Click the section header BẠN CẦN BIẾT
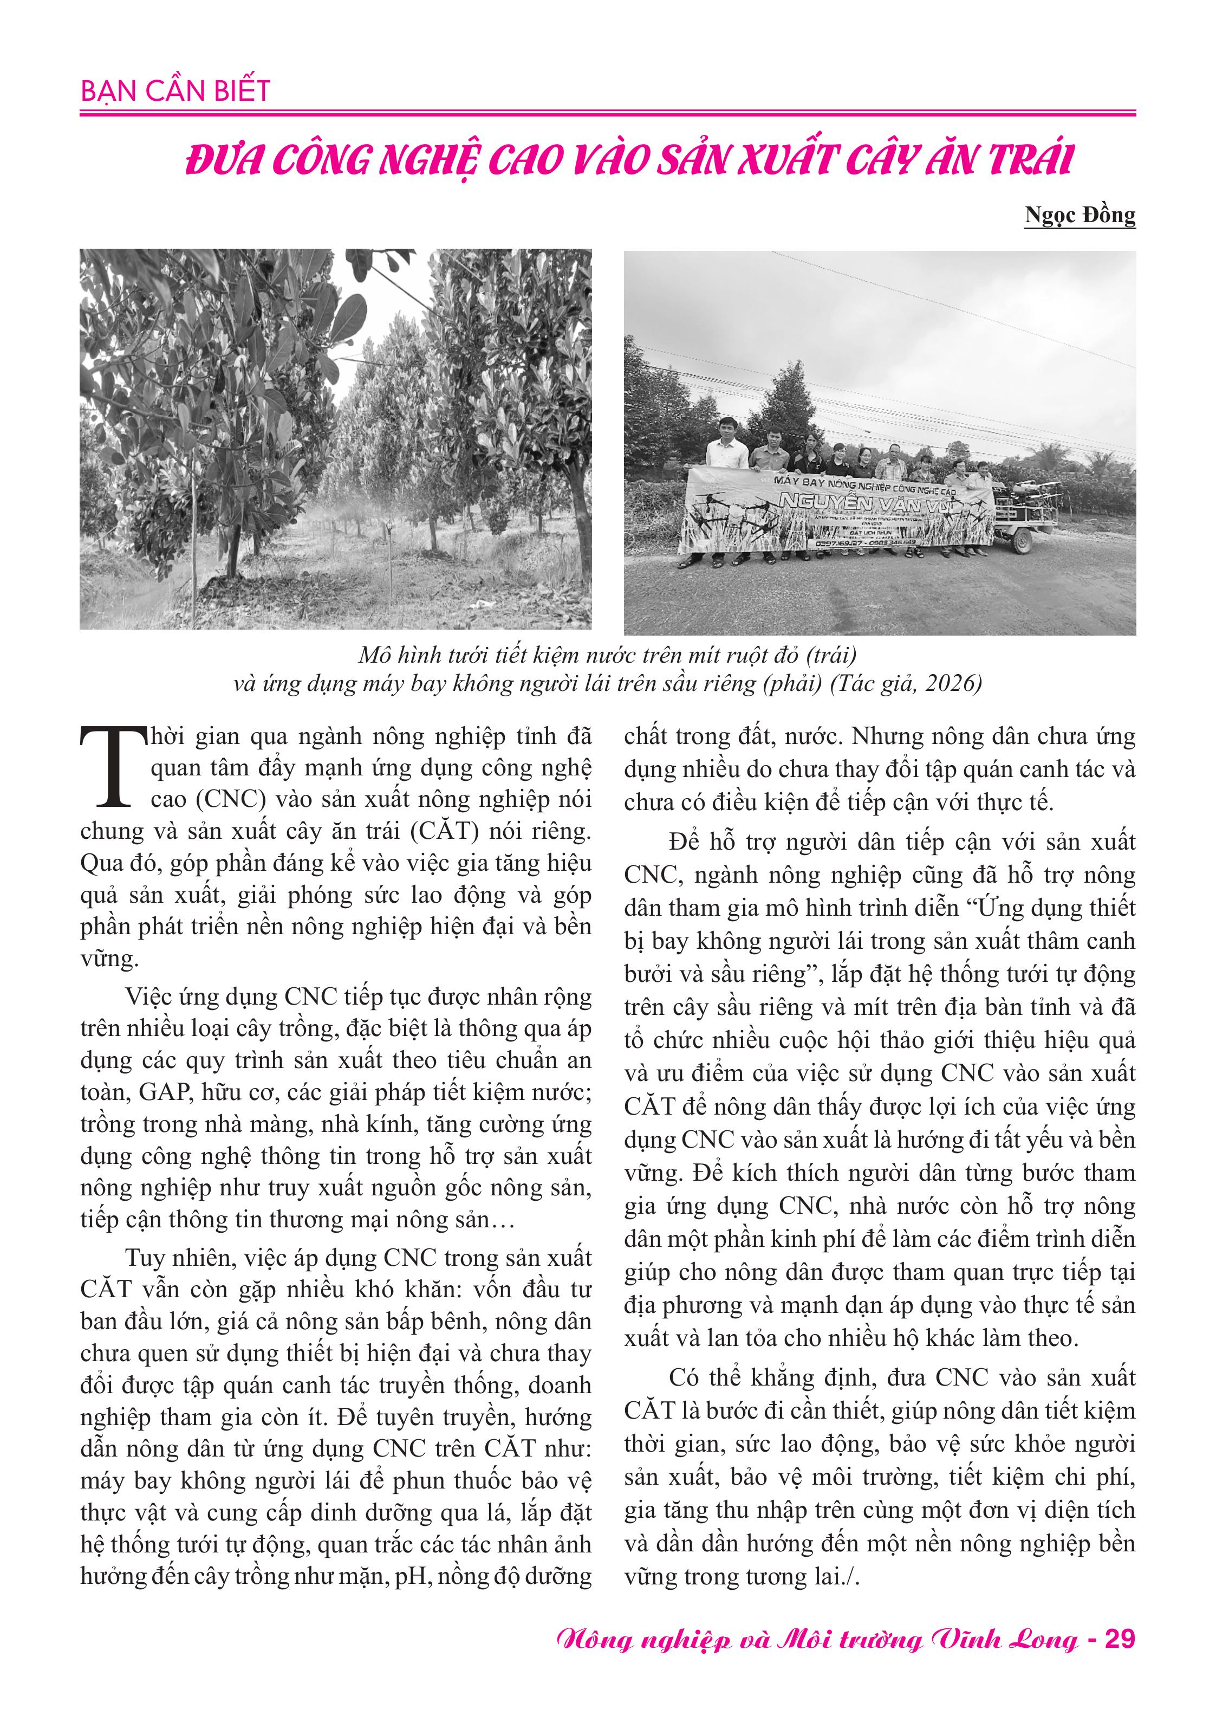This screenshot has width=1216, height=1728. [x=174, y=91]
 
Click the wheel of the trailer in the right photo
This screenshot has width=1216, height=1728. [x=1021, y=542]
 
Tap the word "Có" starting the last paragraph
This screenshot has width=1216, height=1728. [x=683, y=1377]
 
